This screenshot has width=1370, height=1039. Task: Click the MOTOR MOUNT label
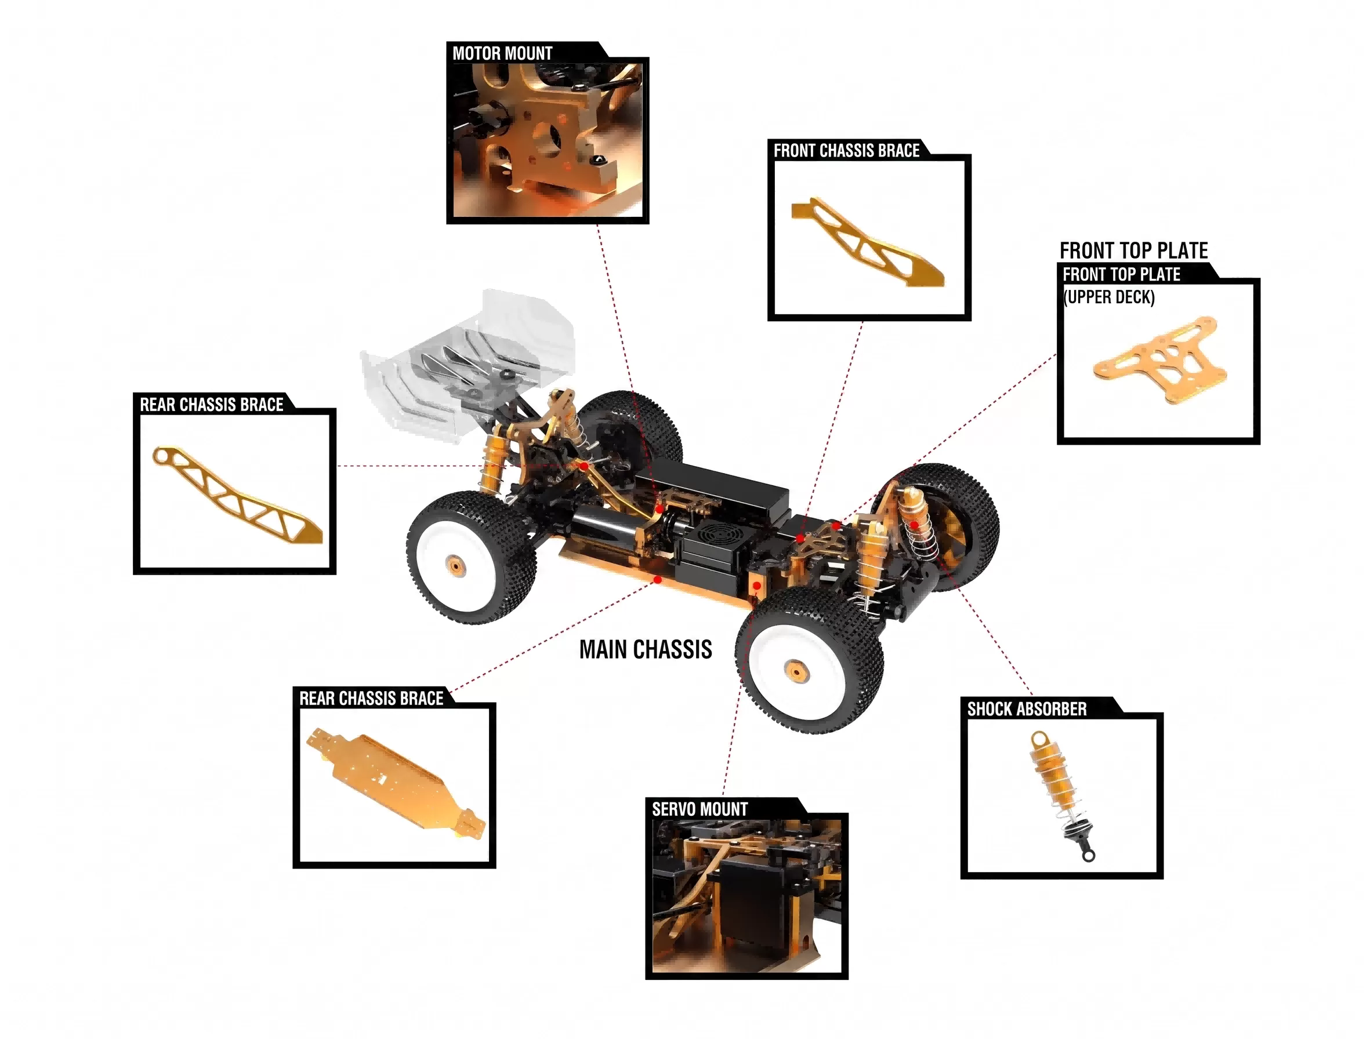[502, 53]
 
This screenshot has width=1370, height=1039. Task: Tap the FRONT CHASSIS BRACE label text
[846, 151]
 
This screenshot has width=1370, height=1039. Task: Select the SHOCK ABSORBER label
[1027, 709]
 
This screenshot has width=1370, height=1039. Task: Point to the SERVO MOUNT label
[700, 809]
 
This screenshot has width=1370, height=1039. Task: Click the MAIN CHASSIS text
[646, 649]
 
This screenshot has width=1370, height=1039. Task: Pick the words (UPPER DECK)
[1109, 297]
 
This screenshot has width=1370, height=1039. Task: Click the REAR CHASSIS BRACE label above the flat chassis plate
[372, 699]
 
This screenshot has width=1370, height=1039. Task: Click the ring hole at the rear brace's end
[162, 457]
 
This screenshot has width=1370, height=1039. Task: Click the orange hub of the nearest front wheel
[793, 669]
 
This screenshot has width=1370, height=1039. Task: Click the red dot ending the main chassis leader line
[658, 580]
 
